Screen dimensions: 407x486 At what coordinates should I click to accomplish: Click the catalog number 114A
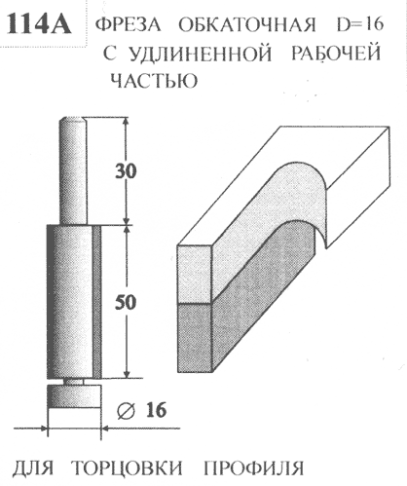pyautogui.click(x=39, y=22)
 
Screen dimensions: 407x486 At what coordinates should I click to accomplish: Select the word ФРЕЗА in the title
pyautogui.click(x=129, y=24)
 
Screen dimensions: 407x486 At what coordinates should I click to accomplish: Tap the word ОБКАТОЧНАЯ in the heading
pyautogui.click(x=246, y=24)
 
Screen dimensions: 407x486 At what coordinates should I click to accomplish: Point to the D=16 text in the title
pyautogui.click(x=360, y=24)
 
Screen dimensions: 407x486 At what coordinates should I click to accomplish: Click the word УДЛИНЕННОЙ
pyautogui.click(x=187, y=54)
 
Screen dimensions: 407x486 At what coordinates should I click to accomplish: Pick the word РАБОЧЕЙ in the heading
pyautogui.click(x=335, y=53)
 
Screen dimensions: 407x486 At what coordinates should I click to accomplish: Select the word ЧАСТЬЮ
pyautogui.click(x=154, y=80)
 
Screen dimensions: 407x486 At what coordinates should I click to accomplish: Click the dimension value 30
pyautogui.click(x=126, y=171)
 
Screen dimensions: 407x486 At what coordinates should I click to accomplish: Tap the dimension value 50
pyautogui.click(x=126, y=303)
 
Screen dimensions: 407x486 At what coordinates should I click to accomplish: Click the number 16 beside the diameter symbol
pyautogui.click(x=156, y=410)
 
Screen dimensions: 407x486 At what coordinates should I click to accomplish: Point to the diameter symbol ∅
pyautogui.click(x=126, y=411)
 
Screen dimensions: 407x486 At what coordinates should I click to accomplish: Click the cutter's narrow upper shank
pyautogui.click(x=73, y=170)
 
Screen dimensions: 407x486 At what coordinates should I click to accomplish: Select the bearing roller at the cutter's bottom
pyautogui.click(x=74, y=396)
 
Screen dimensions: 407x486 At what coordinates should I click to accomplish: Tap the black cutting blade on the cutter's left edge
pyautogui.click(x=50, y=302)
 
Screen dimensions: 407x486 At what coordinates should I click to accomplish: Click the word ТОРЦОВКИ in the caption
pyautogui.click(x=127, y=468)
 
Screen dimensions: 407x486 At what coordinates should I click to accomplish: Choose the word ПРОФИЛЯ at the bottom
pyautogui.click(x=254, y=468)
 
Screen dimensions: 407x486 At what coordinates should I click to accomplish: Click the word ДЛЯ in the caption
pyautogui.click(x=33, y=468)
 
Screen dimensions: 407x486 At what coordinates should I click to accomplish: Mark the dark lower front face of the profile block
pyautogui.click(x=195, y=338)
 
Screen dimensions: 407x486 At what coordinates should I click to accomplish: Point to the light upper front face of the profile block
pyautogui.click(x=195, y=274)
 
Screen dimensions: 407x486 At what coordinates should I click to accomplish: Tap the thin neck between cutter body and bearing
pyautogui.click(x=74, y=382)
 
